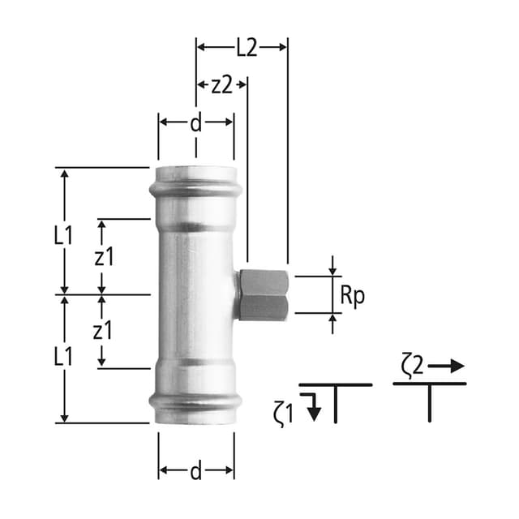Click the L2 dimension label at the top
pyautogui.click(x=247, y=48)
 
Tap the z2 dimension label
pyautogui.click(x=222, y=85)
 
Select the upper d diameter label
pyautogui.click(x=195, y=124)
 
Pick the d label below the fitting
pyautogui.click(x=195, y=471)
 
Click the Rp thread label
pyautogui.click(x=352, y=296)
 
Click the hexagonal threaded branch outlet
pyautogui.click(x=263, y=294)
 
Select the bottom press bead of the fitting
pyautogui.click(x=195, y=400)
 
